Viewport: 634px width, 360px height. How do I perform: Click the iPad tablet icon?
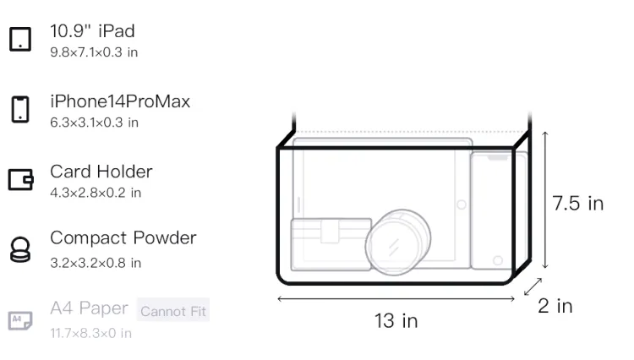20,39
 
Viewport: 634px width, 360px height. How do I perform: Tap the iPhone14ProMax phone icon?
20,109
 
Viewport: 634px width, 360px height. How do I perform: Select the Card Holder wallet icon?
20,179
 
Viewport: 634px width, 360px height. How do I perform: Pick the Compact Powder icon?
20,249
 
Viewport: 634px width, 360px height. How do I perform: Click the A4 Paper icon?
20,320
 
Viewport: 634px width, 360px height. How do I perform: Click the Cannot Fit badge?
173,310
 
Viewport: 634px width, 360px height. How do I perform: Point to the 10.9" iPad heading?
92,31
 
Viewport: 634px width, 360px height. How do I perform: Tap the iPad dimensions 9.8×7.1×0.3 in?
94,52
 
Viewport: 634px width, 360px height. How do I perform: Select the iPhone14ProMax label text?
120,101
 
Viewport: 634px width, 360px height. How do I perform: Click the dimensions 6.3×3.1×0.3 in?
94,123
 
